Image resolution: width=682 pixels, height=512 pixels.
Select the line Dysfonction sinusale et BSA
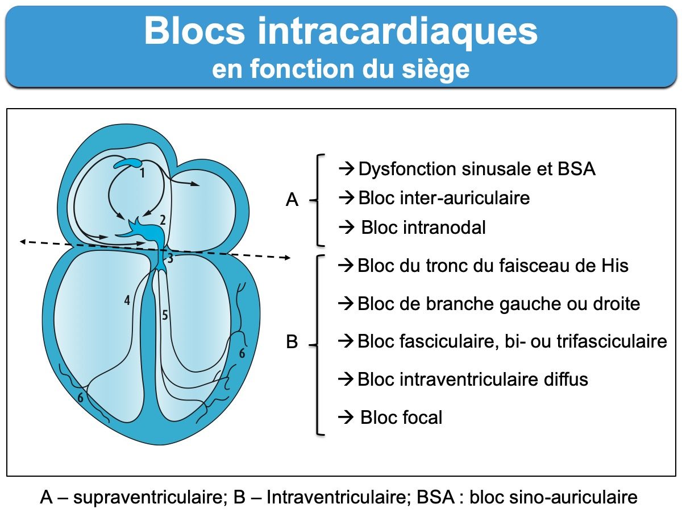pos(476,169)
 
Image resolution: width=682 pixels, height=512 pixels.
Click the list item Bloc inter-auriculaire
pos(444,198)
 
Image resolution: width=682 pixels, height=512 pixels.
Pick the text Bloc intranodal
pos(423,228)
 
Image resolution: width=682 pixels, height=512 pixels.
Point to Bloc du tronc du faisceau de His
pos(493,266)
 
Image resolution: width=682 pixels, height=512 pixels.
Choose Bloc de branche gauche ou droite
pos(498,304)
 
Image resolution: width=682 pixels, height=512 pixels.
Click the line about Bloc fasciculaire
pos(511,341)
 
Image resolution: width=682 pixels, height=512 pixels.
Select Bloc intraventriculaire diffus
pos(472,379)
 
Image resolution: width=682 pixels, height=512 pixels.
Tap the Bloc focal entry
pos(401,418)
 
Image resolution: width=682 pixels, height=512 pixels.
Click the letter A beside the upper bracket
pos(292,200)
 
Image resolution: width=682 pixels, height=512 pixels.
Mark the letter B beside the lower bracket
pos(292,343)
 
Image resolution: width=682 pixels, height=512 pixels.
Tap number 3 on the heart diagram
pos(169,258)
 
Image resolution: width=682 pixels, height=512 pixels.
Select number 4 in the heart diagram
pos(127,300)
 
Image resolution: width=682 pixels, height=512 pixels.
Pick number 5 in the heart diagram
pos(165,316)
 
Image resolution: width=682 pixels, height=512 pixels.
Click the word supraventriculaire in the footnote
pos(148,497)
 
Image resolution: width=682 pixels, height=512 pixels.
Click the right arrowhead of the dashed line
pos(288,258)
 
